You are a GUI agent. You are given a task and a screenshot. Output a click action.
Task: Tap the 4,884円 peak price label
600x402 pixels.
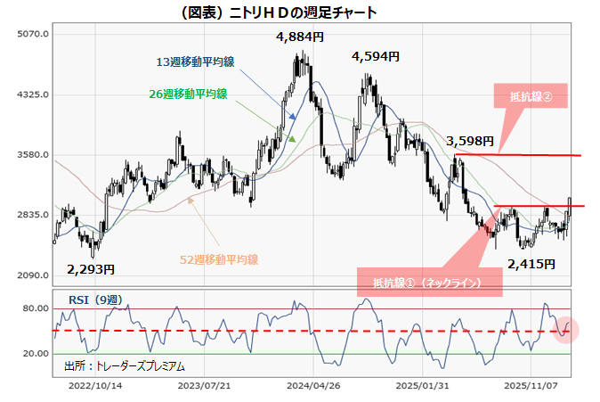300,37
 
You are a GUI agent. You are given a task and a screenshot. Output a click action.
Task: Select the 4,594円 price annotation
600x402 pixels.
376,56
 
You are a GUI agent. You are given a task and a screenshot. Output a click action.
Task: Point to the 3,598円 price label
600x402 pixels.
470,140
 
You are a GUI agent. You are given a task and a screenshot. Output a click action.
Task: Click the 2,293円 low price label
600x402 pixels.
91,267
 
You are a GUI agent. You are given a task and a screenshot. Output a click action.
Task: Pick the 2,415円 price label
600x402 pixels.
531,264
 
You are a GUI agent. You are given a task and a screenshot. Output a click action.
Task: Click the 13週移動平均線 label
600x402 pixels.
196,62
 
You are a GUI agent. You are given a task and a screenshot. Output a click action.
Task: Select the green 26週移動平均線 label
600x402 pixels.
188,94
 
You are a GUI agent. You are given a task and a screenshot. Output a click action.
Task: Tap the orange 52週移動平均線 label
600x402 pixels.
218,259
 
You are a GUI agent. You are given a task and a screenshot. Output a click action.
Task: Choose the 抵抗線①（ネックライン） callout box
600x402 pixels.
428,283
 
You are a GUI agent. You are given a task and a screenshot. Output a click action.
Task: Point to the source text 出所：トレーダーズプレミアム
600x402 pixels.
125,365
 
